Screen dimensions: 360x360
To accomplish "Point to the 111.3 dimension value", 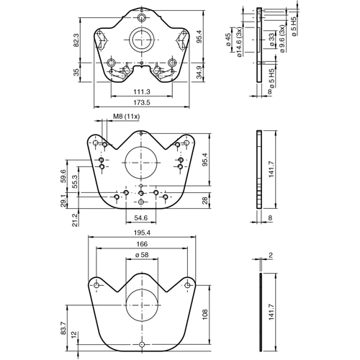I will tap(141, 92).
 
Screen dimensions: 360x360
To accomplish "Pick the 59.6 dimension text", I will tap(63, 175).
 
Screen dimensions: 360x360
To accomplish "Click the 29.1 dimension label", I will tap(63, 202).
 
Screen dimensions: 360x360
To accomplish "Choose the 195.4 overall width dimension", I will tap(141, 233).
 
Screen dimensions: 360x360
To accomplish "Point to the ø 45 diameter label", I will tap(227, 40).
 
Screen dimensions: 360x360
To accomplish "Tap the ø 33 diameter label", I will tap(271, 40).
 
